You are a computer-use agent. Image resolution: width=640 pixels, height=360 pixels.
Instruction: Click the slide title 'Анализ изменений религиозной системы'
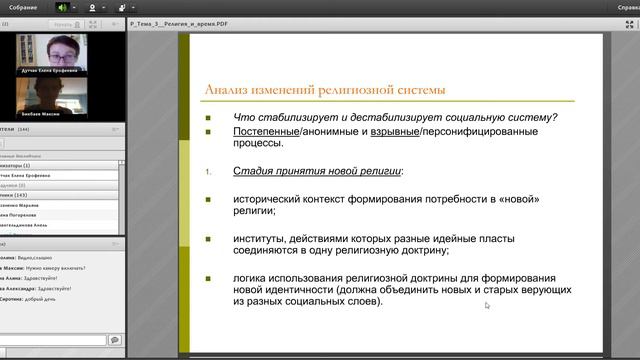(x=325, y=91)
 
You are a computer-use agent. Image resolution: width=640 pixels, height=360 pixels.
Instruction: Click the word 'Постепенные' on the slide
(x=263, y=131)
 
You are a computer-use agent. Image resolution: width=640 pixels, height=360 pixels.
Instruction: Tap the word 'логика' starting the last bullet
(x=251, y=277)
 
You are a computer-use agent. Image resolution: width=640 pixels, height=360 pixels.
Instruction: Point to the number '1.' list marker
(x=208, y=172)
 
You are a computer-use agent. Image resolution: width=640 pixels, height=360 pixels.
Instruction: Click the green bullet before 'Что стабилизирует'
(x=207, y=117)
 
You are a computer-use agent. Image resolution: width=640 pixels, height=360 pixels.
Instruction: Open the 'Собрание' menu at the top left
(x=24, y=7)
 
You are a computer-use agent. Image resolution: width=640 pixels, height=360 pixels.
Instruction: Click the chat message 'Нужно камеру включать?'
(x=61, y=268)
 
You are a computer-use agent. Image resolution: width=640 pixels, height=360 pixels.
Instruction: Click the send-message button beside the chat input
(x=114, y=340)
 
